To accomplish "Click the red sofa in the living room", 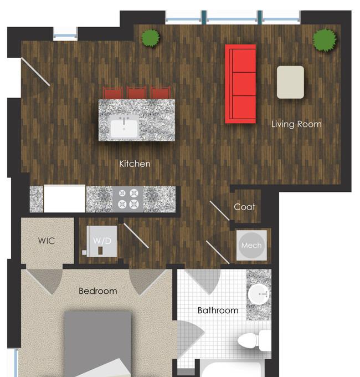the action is coord(240,84).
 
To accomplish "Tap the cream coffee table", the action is coord(290,82).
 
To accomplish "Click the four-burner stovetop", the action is coord(128,200).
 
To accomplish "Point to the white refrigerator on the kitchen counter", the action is coord(64,198).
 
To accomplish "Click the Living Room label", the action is coord(296,124).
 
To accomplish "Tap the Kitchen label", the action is coord(135,164).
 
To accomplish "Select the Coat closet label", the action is coord(244,207).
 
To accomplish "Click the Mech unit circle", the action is coord(251,245).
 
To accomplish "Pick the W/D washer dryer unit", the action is coord(102,241).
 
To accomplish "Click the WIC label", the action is coord(47,241).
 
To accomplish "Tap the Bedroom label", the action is coord(98,291).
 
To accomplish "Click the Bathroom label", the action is coord(218,310).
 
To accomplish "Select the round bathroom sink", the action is coord(259,294).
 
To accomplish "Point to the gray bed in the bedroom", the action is coord(98,344).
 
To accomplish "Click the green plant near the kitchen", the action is coord(150,38).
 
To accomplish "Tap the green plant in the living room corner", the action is coord(325,40).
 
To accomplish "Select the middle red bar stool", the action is coord(137,93).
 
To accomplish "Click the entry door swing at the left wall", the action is coord(35,72).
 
